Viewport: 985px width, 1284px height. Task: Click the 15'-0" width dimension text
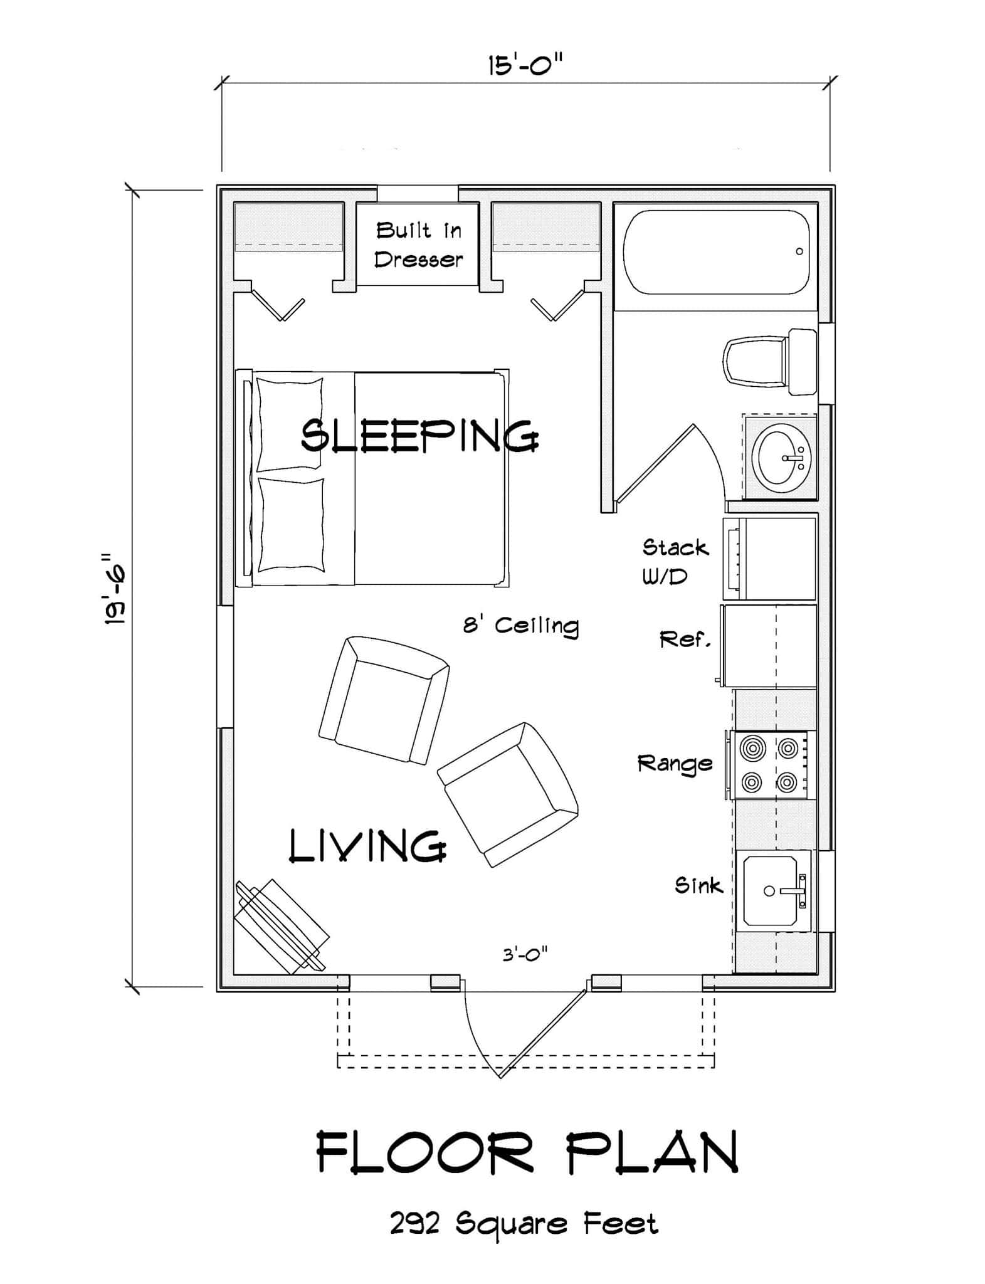(x=525, y=65)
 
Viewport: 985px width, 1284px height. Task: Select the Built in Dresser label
(x=418, y=245)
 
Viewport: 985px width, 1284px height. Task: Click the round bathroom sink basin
(x=782, y=457)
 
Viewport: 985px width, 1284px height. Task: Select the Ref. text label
(x=685, y=640)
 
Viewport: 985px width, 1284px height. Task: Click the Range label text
(x=675, y=763)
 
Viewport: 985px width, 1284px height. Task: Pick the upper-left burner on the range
(x=752, y=748)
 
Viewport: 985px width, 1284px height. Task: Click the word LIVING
(x=368, y=845)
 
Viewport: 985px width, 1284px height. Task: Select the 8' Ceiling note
(x=520, y=626)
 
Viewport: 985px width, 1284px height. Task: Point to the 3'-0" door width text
(x=525, y=955)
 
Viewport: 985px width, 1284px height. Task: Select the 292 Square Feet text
(x=524, y=1223)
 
